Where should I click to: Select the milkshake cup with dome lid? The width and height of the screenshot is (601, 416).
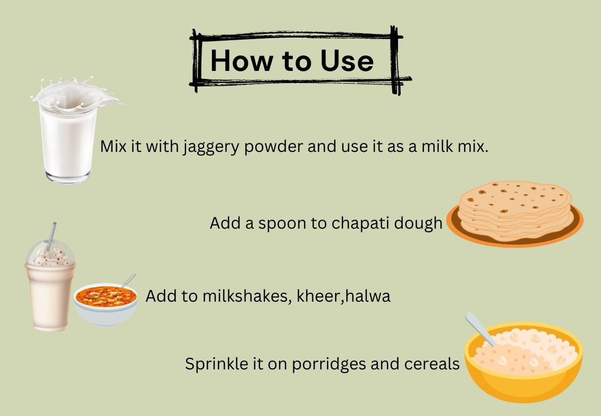pyautogui.click(x=50, y=291)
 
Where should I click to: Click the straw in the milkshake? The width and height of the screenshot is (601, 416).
pyautogui.click(x=51, y=236)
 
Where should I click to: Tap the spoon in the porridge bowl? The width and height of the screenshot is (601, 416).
pyautogui.click(x=478, y=328)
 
